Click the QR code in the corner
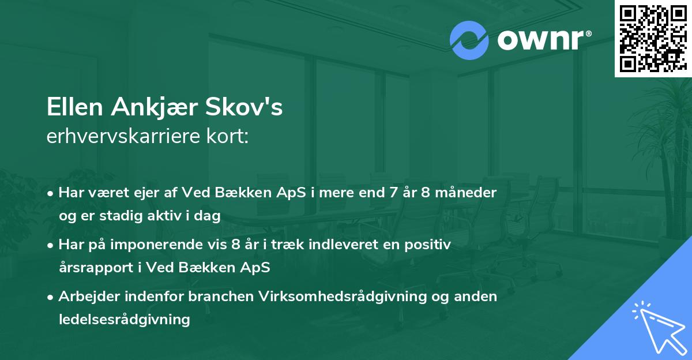point(653,39)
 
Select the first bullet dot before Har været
point(52,193)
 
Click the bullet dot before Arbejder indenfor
point(52,297)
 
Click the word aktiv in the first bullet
point(171,215)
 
